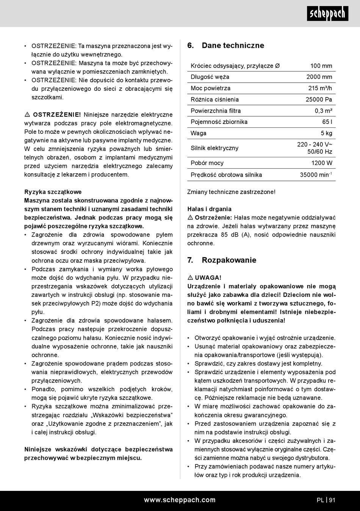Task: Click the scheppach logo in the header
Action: click(327, 14)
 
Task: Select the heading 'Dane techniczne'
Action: click(233, 45)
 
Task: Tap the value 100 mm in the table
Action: click(321, 66)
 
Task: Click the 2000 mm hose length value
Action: click(319, 77)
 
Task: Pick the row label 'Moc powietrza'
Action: click(210, 88)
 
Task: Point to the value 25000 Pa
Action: click(319, 100)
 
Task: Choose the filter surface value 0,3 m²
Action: click(323, 111)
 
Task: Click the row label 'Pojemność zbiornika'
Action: click(219, 122)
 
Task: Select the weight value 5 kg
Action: click(326, 133)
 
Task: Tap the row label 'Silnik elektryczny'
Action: click(214, 148)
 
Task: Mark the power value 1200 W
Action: click(322, 163)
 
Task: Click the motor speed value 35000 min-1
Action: click(316, 175)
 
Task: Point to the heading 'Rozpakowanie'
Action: click(229, 260)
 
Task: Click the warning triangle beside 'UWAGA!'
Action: click(190, 278)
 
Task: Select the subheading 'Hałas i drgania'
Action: click(209, 209)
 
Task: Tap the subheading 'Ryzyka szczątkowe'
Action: click(53, 192)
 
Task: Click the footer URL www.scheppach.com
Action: click(180, 500)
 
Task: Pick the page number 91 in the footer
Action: click(332, 500)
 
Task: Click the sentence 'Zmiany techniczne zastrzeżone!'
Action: click(231, 192)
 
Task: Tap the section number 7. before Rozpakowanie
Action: click(190, 260)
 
